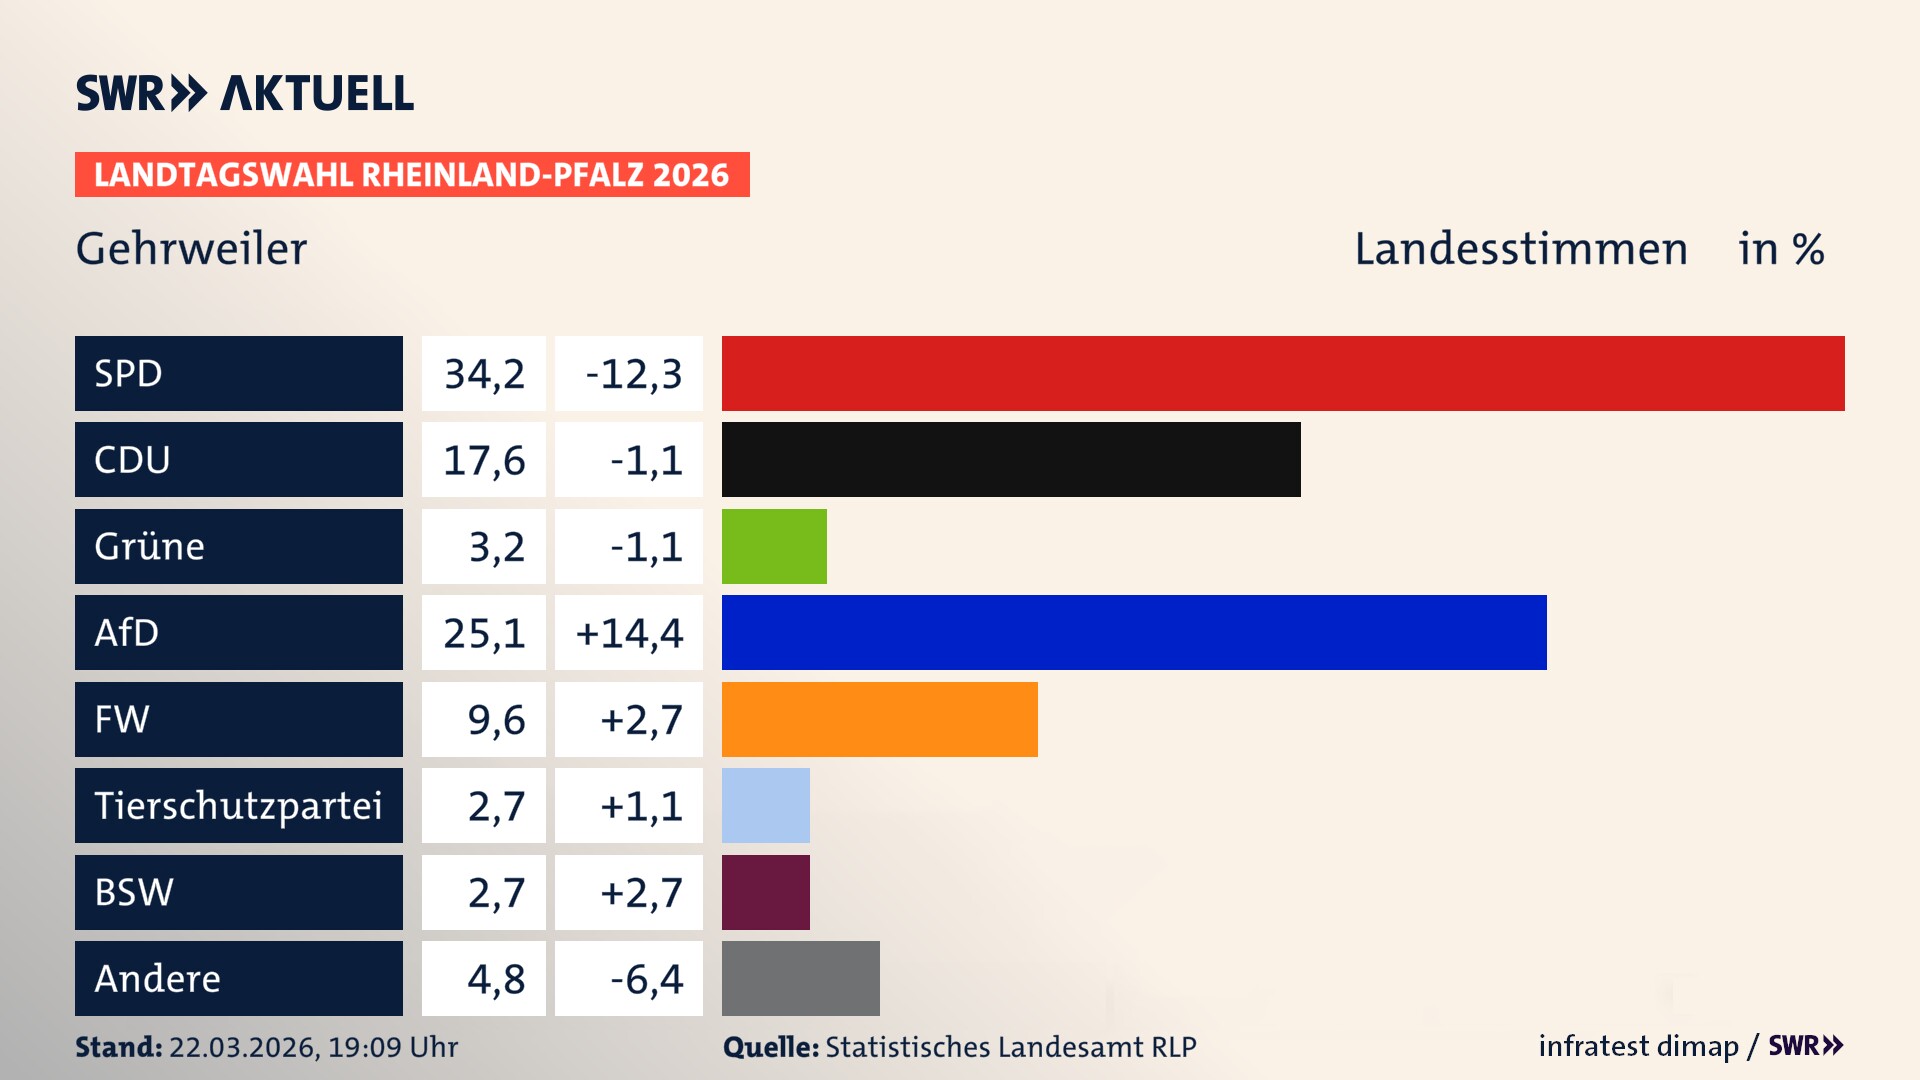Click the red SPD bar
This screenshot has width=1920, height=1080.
click(1283, 373)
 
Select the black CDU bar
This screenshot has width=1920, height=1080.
click(1011, 460)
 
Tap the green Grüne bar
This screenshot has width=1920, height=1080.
click(774, 546)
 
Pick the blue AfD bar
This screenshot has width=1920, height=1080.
click(1134, 632)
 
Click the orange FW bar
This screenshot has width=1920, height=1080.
click(879, 719)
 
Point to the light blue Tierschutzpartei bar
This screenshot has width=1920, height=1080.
click(765, 805)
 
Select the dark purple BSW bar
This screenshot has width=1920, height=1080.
click(765, 892)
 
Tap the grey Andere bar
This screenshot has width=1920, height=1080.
click(800, 978)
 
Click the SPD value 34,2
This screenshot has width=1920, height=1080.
click(484, 374)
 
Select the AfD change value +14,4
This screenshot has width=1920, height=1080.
click(629, 633)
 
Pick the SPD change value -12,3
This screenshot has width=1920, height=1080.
click(633, 374)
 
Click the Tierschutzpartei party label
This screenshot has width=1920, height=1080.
click(238, 805)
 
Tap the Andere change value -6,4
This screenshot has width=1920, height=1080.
click(646, 979)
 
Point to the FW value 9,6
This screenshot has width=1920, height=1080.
click(496, 720)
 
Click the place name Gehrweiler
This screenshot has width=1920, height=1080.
click(191, 249)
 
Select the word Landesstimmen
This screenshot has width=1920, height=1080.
click(1520, 249)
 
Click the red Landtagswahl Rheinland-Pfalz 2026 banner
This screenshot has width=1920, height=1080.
click(412, 175)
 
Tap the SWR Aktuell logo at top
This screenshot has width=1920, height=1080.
click(244, 93)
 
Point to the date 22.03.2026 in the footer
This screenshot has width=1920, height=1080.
click(243, 1047)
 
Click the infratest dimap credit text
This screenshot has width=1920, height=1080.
click(1637, 1046)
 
